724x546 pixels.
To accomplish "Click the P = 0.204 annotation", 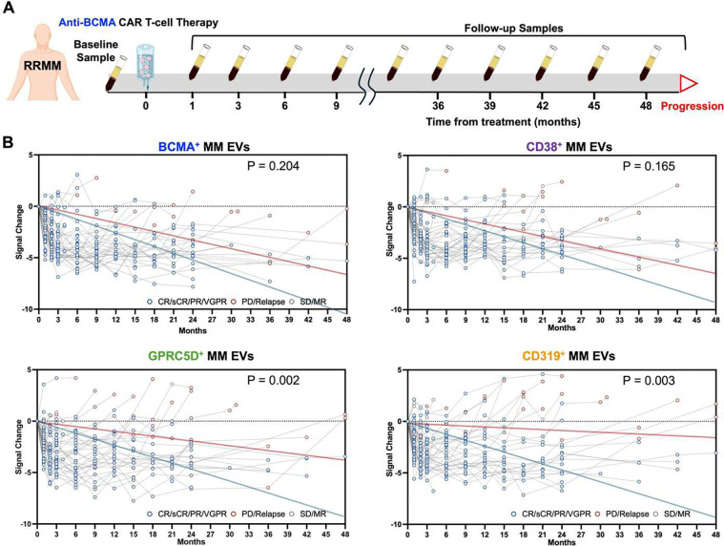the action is tap(273, 165).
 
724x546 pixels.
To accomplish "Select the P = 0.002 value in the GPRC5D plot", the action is tap(273, 380).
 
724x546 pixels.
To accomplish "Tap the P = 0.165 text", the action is tap(649, 166).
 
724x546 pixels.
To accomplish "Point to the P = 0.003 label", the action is tap(649, 381).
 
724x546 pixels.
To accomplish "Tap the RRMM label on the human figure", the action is tap(43, 66).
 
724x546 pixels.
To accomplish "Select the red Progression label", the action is tap(693, 106).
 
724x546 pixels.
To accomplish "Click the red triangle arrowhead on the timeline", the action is tap(688, 84).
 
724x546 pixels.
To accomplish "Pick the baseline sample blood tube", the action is tap(115, 73).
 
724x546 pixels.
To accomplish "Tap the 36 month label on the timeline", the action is tap(438, 106).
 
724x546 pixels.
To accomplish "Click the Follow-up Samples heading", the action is tap(513, 29).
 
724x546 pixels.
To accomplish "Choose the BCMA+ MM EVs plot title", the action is tap(203, 147).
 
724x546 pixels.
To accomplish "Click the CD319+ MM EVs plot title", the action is tap(569, 356).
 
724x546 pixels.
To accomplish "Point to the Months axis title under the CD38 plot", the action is tap(562, 327).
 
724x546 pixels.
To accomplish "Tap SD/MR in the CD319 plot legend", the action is tap(677, 514).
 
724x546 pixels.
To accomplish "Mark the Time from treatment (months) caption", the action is tap(503, 122).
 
